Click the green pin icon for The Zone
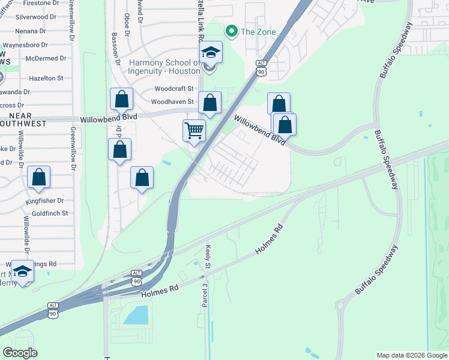229,31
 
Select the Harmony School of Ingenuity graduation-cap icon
211,52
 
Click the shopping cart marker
194,130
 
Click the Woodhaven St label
172,102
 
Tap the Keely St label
208,256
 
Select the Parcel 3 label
204,296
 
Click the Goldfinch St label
50,213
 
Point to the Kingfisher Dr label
44,201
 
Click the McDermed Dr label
46,58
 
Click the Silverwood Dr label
40,17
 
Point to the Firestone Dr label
46,4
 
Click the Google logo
20,353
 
